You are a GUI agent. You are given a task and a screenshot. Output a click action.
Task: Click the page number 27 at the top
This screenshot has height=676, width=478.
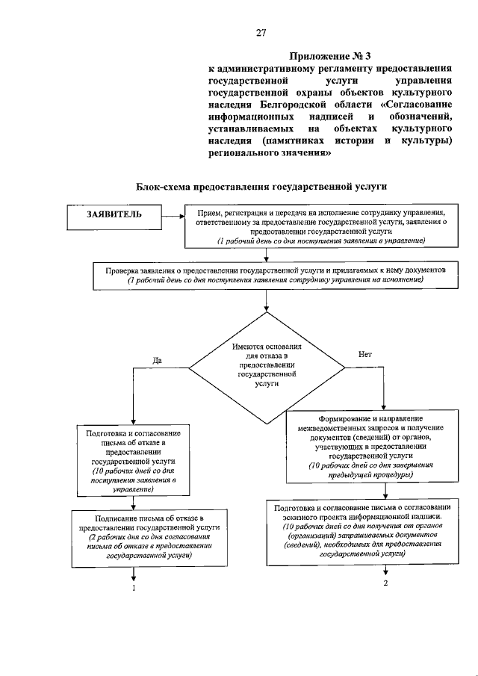[261, 32]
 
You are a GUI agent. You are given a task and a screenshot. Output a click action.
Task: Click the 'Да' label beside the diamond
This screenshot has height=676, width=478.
[158, 361]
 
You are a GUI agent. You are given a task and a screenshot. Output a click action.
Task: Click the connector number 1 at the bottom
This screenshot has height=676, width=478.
[134, 589]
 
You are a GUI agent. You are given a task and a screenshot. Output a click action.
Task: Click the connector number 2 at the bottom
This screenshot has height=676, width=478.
[386, 583]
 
